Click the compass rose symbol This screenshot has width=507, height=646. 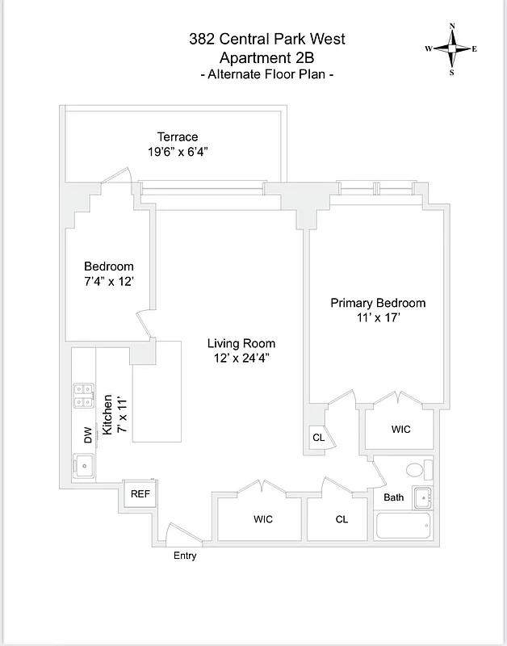tap(451, 49)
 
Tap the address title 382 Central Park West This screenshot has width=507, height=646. tap(266, 39)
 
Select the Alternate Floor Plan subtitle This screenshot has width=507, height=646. tap(266, 74)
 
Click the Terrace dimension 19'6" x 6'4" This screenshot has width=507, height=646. tap(178, 151)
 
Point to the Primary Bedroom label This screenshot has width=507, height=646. tap(378, 303)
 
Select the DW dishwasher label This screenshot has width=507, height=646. tap(88, 434)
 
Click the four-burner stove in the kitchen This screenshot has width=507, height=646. tap(82, 395)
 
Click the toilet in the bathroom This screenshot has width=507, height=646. tap(414, 470)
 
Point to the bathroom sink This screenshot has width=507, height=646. tap(422, 498)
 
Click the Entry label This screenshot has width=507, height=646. tap(185, 556)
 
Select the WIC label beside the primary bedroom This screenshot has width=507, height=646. tap(400, 430)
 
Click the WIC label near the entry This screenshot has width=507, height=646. tap(263, 519)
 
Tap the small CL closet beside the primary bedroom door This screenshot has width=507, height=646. tap(318, 438)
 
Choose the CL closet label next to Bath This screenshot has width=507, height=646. tap(341, 519)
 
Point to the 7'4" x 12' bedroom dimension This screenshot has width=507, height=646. tap(109, 281)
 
